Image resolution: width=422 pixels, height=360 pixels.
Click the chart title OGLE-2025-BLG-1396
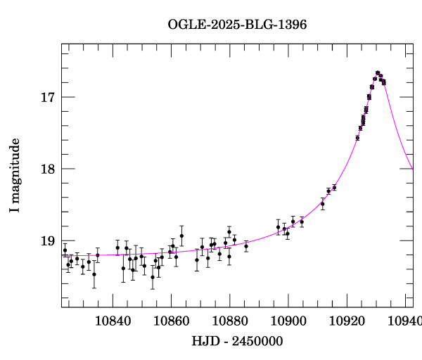(x=237, y=24)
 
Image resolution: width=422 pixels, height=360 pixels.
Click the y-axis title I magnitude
(x=15, y=176)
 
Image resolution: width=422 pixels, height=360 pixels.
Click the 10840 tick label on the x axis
(x=112, y=321)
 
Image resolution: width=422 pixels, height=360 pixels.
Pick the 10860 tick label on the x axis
(x=171, y=321)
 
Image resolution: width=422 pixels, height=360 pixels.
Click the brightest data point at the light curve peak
(x=378, y=72)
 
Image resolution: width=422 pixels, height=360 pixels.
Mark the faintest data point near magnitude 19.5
(x=153, y=277)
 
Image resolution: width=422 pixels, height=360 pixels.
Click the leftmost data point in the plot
(x=65, y=250)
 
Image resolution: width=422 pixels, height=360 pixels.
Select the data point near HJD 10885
(x=246, y=246)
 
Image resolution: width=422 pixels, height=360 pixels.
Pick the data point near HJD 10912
(x=322, y=204)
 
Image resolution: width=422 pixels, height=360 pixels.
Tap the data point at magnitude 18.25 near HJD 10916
(x=334, y=188)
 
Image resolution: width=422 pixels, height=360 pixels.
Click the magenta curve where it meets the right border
(x=413, y=169)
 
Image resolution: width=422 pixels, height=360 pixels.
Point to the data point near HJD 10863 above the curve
(x=181, y=236)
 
